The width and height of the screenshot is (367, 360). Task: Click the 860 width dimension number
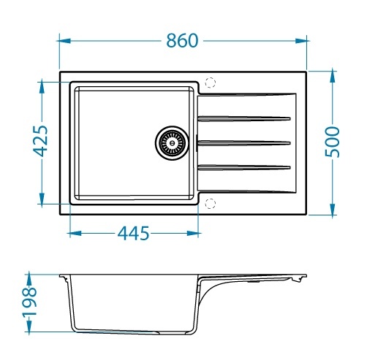click(182, 41)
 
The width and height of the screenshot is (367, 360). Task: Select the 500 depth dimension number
click(332, 142)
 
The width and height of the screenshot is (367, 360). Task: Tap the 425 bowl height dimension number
click(40, 141)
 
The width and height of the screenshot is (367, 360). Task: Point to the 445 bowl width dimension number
click(133, 233)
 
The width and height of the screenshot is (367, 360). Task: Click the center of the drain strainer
click(172, 143)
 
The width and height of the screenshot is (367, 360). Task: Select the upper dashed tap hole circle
click(211, 83)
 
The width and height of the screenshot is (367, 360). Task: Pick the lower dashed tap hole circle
click(211, 204)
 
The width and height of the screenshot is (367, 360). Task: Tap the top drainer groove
click(244, 119)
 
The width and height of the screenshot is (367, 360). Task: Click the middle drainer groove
click(244, 143)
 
